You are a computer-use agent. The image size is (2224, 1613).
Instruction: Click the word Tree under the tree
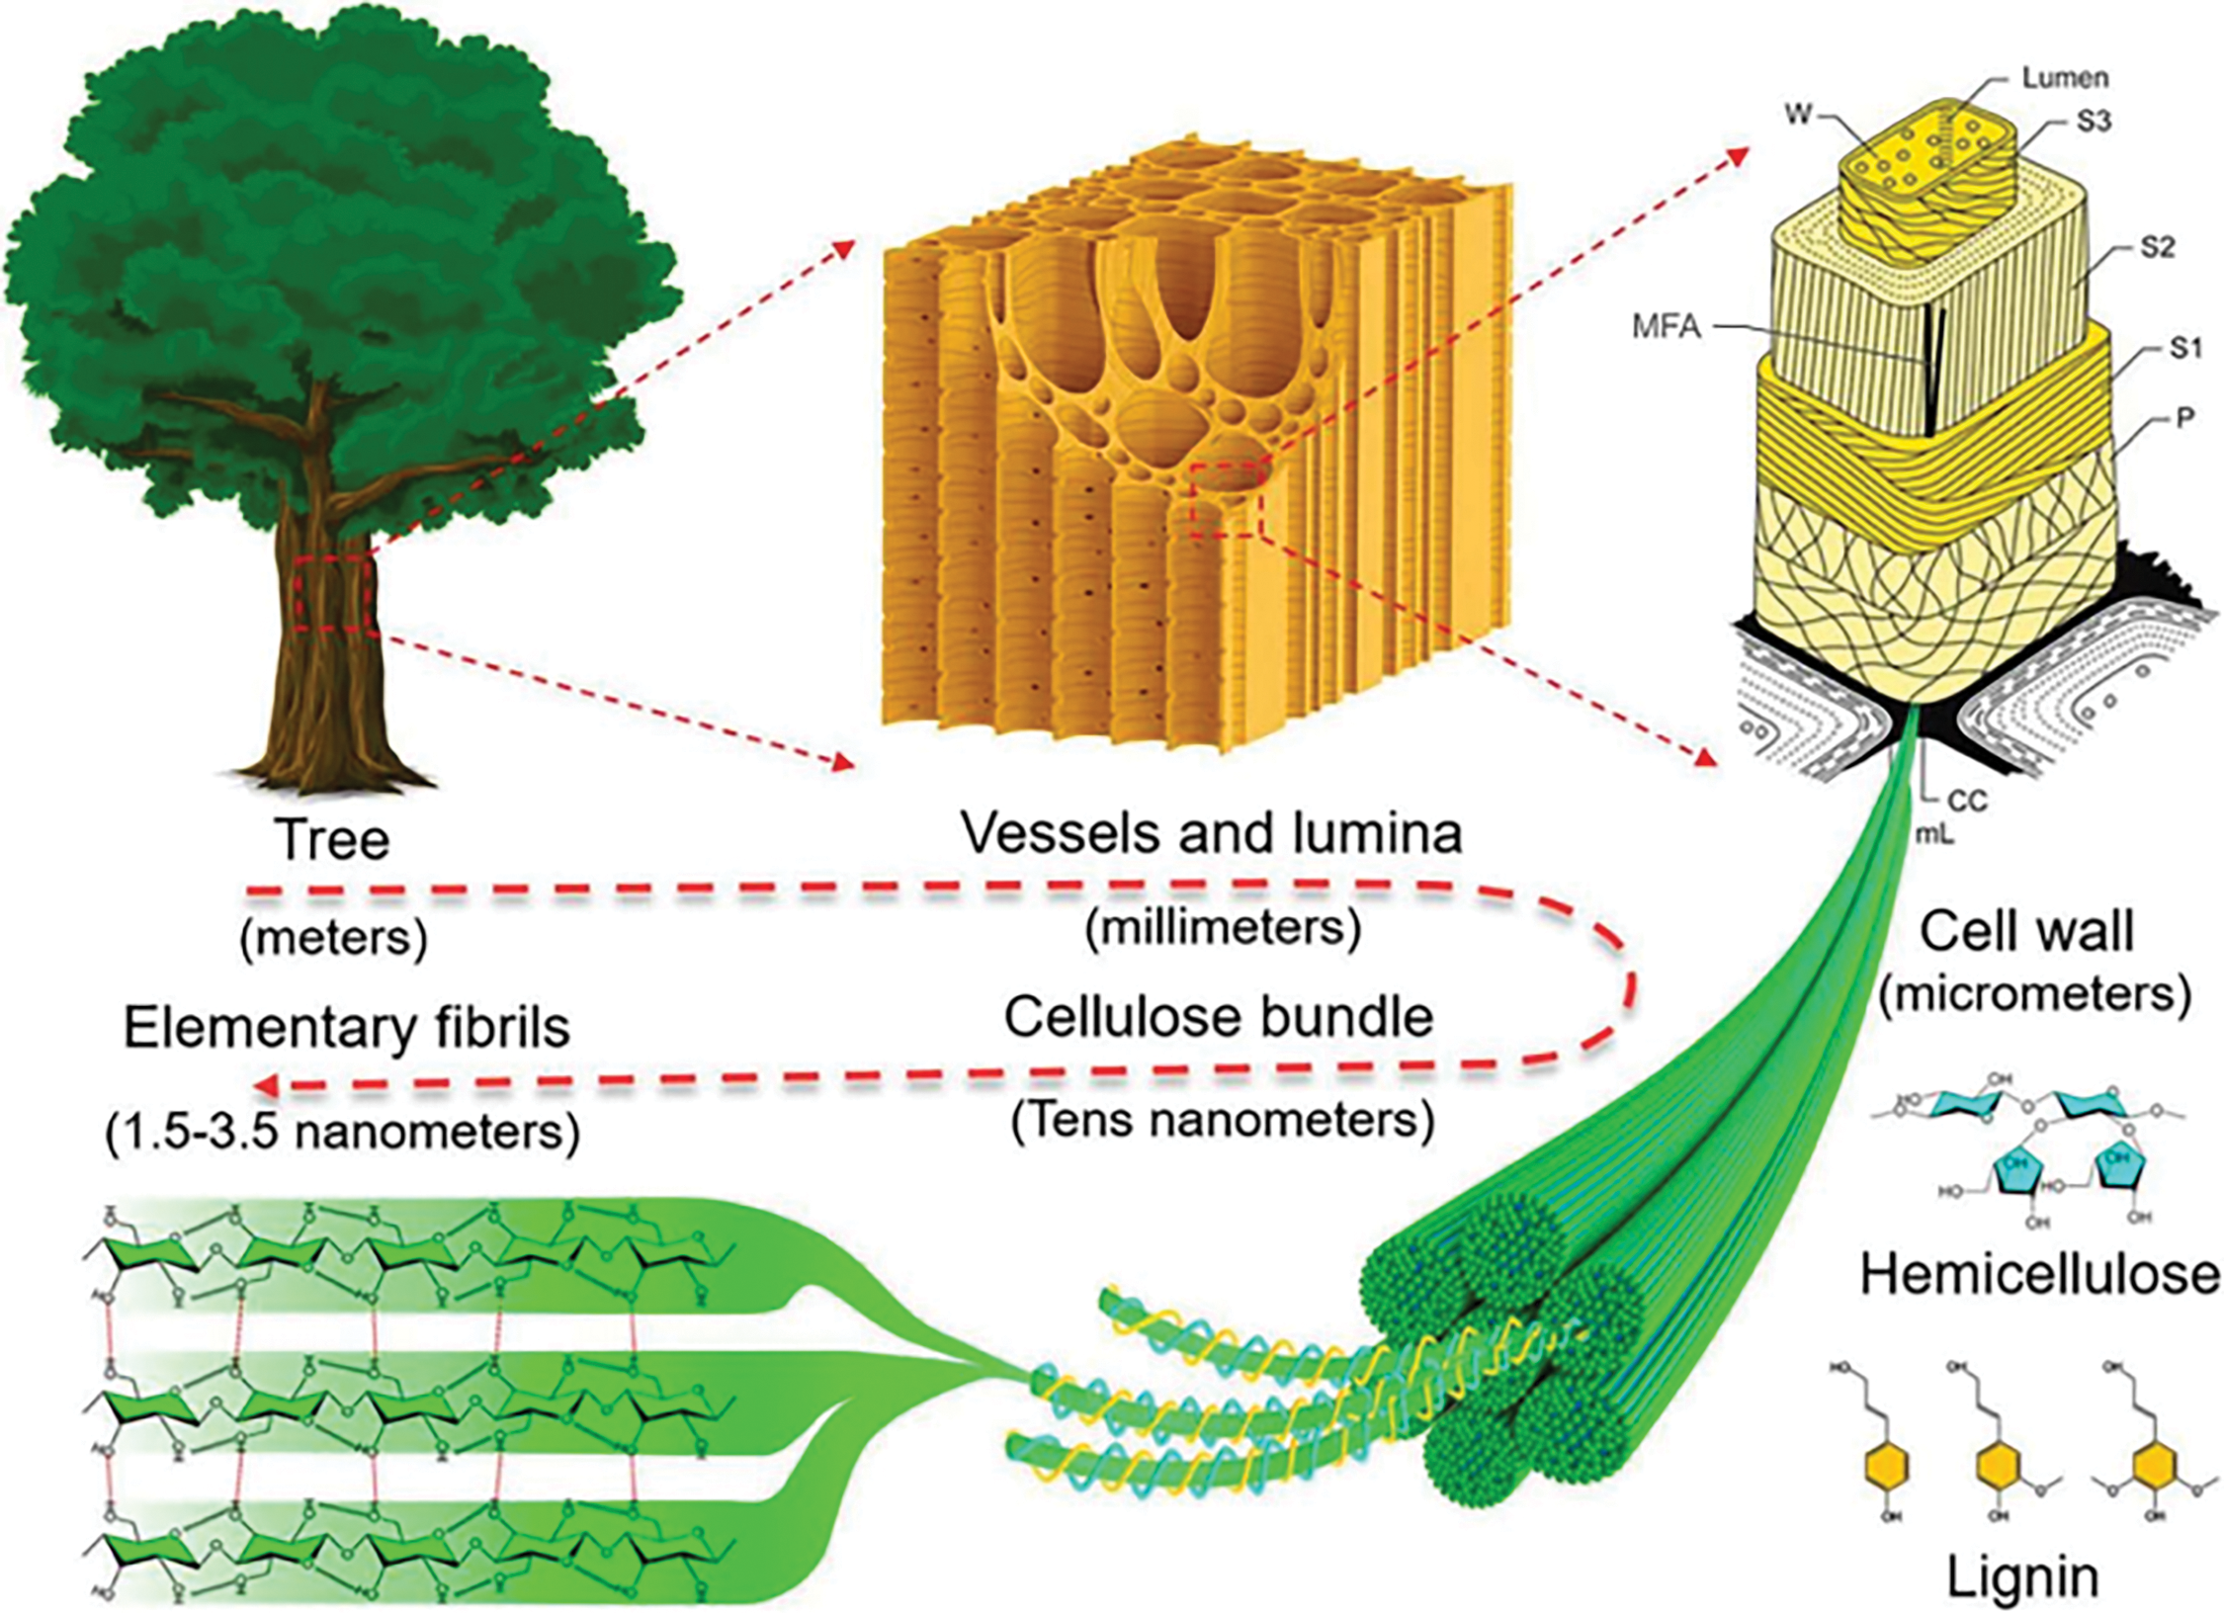pyautogui.click(x=333, y=840)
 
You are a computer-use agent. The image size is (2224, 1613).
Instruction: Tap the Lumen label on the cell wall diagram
pyautogui.click(x=2064, y=78)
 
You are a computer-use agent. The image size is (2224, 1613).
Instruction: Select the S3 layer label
pyautogui.click(x=2093, y=122)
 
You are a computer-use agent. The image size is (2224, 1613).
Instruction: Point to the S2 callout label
pyautogui.click(x=2158, y=247)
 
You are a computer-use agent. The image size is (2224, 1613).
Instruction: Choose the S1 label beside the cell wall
pyautogui.click(x=2185, y=348)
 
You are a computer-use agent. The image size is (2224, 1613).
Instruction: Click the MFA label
pyautogui.click(x=1667, y=327)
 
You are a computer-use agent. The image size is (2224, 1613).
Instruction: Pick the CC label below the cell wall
pyautogui.click(x=1966, y=801)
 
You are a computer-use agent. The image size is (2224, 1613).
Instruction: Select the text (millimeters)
pyautogui.click(x=1223, y=927)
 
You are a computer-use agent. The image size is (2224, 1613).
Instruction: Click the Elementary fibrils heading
pyautogui.click(x=347, y=1028)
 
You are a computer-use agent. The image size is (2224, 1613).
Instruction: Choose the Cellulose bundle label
pyautogui.click(x=1219, y=1017)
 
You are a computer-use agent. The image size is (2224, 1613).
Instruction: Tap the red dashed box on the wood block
pyautogui.click(x=1227, y=499)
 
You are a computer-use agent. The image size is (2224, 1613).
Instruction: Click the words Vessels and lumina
pyautogui.click(x=1212, y=833)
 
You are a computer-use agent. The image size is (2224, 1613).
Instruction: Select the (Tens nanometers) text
pyautogui.click(x=1222, y=1121)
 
